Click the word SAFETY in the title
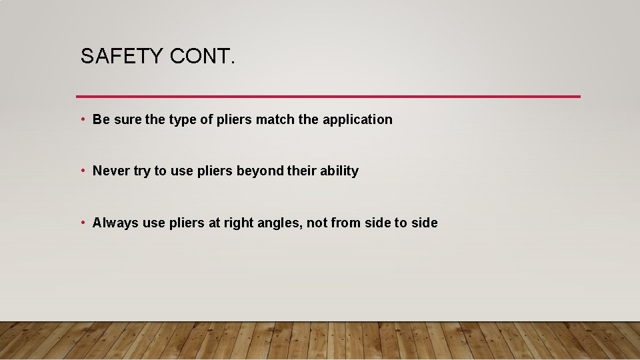point(122,57)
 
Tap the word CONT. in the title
point(203,57)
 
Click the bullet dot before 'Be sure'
point(82,119)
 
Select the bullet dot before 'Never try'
point(82,171)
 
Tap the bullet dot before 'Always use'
point(82,223)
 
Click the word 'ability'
point(339,171)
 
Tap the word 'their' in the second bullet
point(301,171)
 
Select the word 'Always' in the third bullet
point(115,223)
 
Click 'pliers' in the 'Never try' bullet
point(215,171)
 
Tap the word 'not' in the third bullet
point(317,223)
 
